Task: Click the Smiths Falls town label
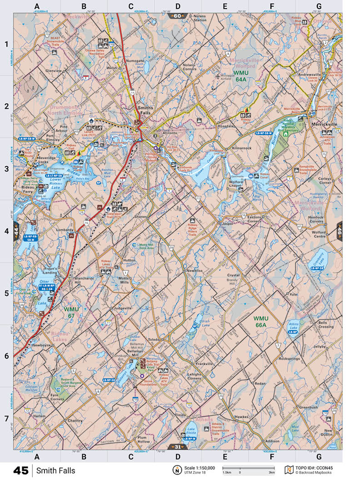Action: [145, 110]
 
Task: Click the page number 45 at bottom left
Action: [21, 470]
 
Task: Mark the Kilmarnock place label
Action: [241, 149]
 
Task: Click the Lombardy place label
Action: [65, 230]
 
